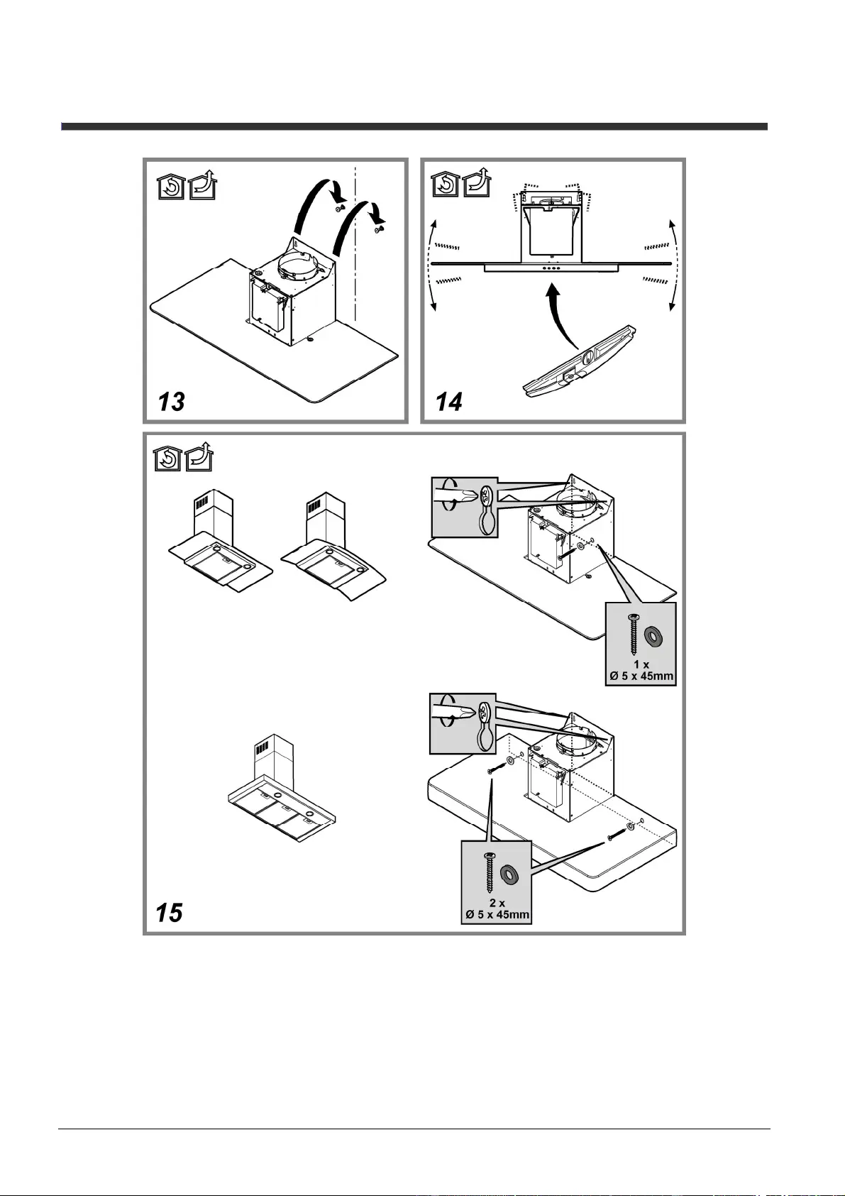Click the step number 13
tap(171, 402)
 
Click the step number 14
tap(449, 402)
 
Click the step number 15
tap(170, 913)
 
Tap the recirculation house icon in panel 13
tap(171, 188)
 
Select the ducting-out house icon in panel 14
tap(477, 183)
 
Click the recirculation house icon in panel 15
tap(168, 459)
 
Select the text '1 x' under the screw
tap(641, 665)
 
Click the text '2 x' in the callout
tap(497, 902)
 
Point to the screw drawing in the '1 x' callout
tap(634, 635)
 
